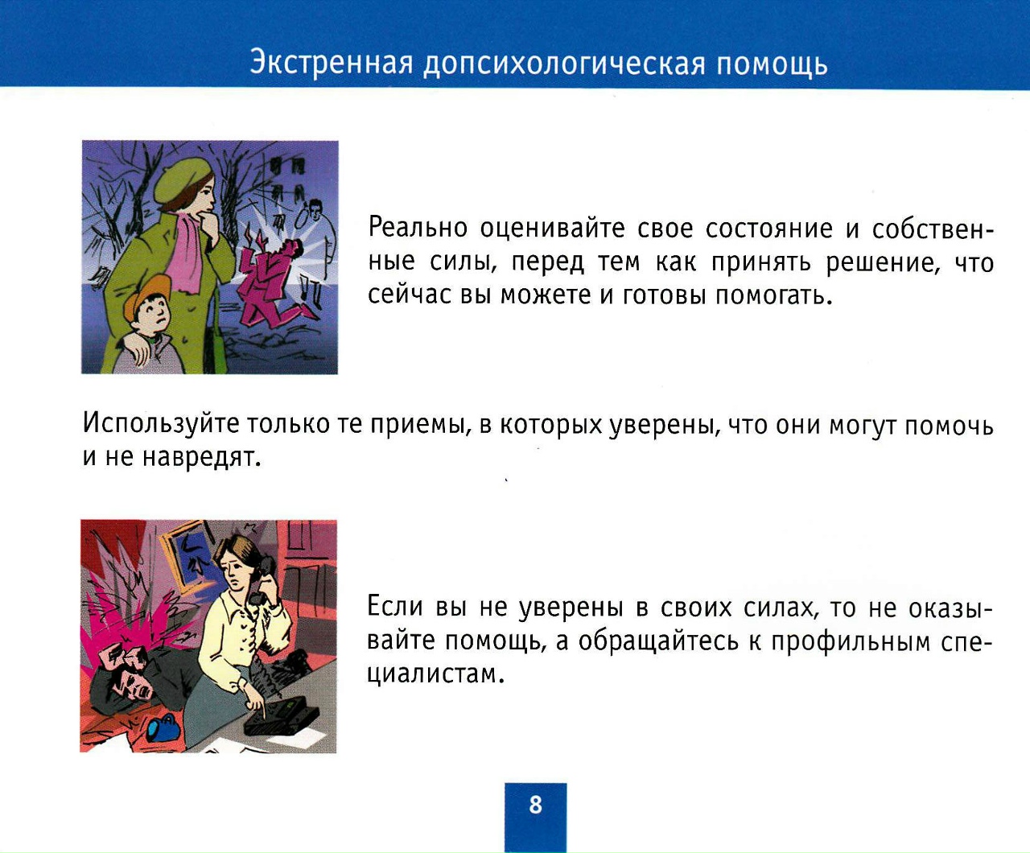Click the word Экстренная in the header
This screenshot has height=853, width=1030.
332,64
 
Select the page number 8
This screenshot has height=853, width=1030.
535,806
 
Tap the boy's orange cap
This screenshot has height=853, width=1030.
144,295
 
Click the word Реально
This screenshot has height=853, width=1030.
418,228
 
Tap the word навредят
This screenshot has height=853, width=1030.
201,457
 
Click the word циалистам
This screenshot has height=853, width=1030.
436,673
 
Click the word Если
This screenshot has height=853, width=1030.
394,606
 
